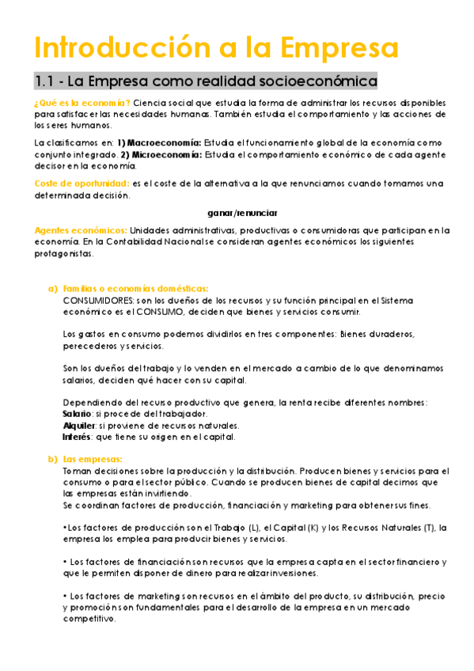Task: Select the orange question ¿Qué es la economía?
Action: coord(82,104)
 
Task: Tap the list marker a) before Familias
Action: coord(53,289)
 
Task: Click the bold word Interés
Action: coord(77,437)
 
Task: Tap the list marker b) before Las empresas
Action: coord(53,460)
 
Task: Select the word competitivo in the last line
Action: coord(89,620)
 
